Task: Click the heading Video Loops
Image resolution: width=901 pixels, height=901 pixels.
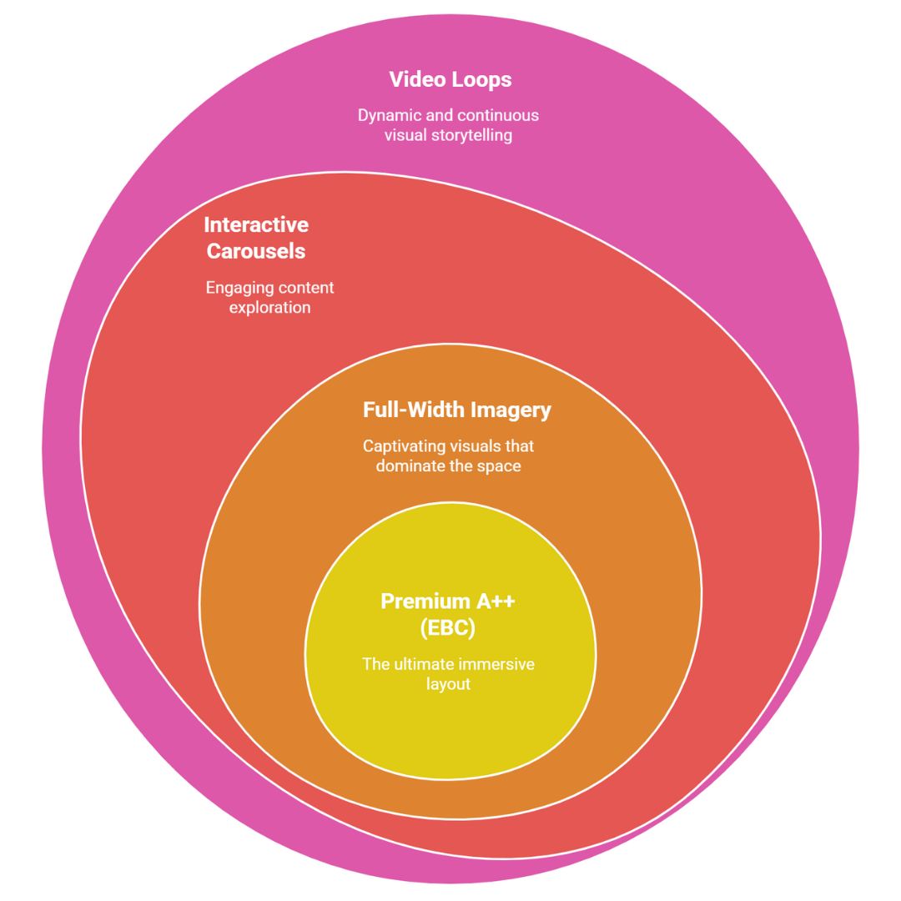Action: (x=450, y=80)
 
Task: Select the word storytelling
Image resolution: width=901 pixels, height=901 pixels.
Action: (x=472, y=135)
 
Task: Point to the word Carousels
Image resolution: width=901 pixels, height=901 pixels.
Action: (x=256, y=252)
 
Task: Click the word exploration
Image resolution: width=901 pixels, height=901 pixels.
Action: (x=269, y=308)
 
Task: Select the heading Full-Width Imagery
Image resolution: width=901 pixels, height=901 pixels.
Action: (x=456, y=410)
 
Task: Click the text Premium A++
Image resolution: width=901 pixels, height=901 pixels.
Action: (x=447, y=602)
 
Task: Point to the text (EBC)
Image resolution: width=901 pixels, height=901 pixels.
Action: (x=448, y=628)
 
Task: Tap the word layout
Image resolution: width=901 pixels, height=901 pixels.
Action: (x=448, y=685)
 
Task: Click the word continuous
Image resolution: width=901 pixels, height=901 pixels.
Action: (x=502, y=115)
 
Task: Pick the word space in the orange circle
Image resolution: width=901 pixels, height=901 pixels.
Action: (x=499, y=466)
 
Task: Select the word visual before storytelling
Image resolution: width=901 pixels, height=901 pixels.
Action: (x=405, y=135)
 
